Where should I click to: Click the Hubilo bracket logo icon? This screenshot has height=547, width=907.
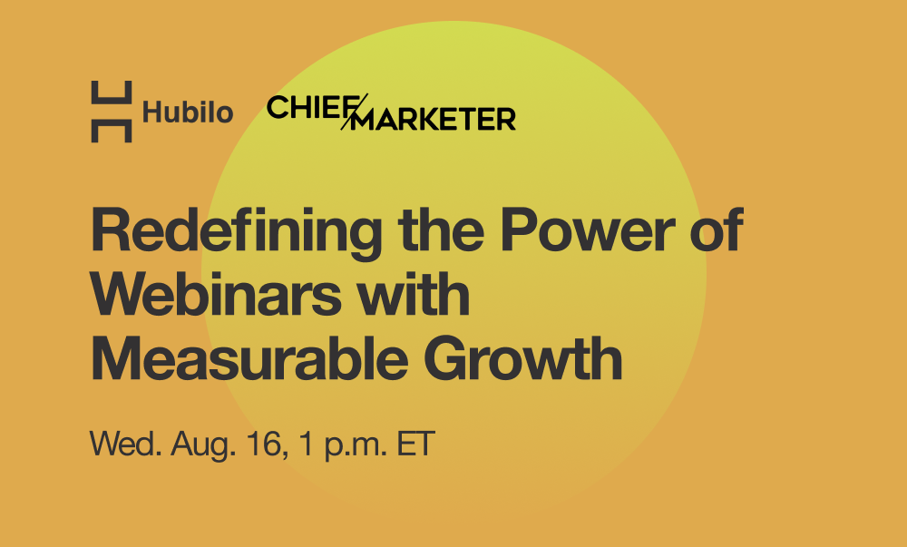click(112, 112)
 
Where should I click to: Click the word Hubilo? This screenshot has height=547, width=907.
click(188, 113)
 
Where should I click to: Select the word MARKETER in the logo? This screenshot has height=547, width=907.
click(434, 119)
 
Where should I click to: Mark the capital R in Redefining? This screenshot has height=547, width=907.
click(110, 230)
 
